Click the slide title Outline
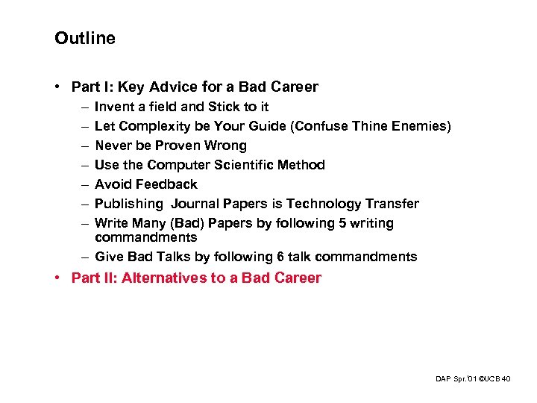85,38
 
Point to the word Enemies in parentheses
422,126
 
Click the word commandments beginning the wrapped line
145,237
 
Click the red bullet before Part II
58,278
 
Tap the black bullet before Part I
58,87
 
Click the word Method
308,165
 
